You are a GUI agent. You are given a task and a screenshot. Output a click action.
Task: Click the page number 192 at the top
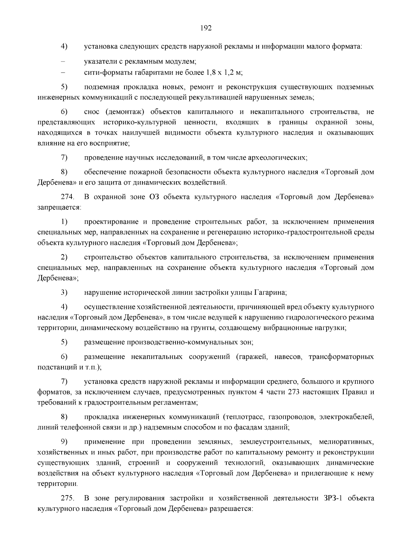click(206, 28)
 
